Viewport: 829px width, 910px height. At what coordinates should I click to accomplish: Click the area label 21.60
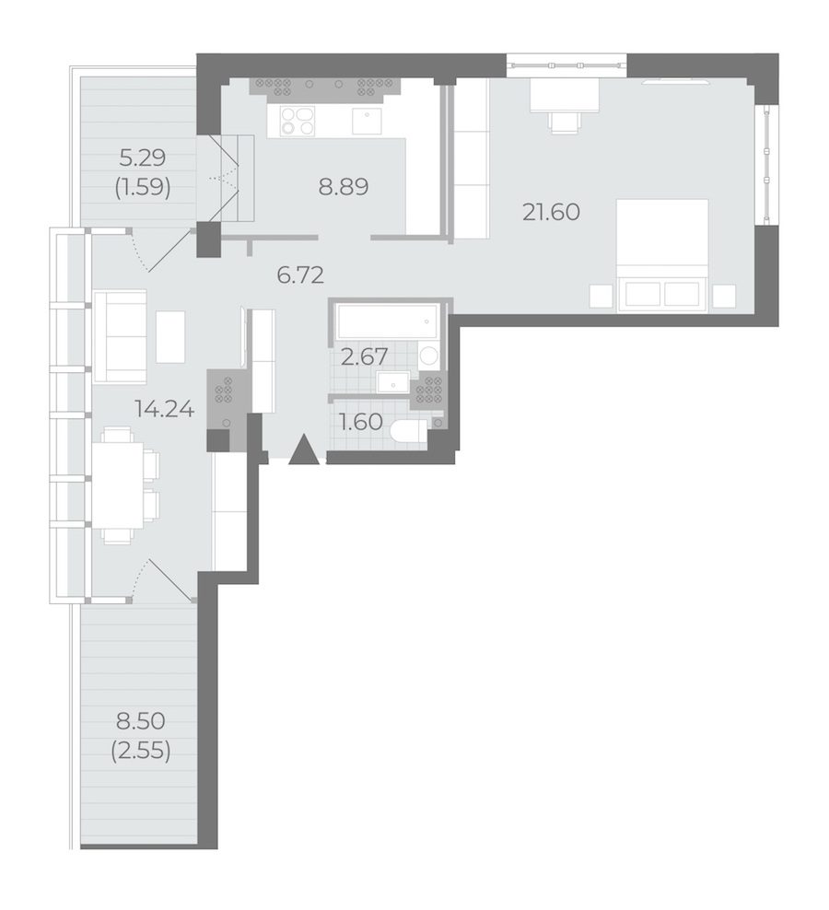pos(551,213)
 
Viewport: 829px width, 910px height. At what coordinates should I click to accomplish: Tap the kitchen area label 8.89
pos(343,187)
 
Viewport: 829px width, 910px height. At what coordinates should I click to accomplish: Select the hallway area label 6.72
pos(300,274)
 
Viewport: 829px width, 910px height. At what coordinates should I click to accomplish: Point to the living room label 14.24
pos(164,409)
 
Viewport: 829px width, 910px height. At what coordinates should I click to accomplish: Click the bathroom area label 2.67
pos(364,356)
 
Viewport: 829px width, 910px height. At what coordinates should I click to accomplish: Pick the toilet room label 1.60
pos(360,422)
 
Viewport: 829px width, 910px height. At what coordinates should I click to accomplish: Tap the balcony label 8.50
pos(141,721)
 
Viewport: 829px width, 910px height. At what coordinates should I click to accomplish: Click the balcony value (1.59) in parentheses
pos(143,188)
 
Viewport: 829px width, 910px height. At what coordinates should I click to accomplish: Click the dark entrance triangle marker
pos(304,450)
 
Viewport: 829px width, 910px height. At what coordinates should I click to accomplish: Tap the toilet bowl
pos(409,432)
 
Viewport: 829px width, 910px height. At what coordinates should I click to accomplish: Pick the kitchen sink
pos(367,121)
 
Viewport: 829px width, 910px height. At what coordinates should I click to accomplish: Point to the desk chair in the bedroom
pos(565,122)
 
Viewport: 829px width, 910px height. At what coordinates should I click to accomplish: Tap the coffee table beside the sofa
pos(170,337)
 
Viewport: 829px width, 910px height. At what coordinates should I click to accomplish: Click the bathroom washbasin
pos(393,383)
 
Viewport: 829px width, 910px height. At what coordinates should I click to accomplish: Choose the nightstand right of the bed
pos(724,296)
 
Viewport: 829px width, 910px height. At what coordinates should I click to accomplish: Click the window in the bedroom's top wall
pos(566,65)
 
